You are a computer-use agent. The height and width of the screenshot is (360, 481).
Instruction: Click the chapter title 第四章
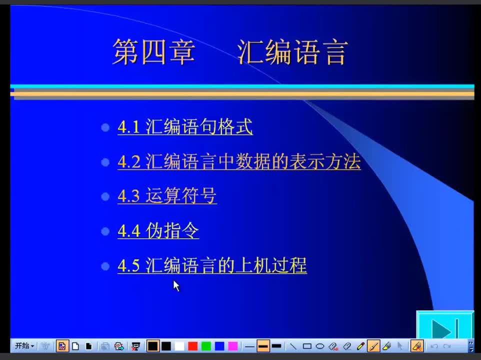pyautogui.click(x=153, y=52)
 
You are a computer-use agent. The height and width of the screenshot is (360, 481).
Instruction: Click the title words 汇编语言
pyautogui.click(x=292, y=52)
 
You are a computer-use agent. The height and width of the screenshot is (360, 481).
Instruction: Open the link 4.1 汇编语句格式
pyautogui.click(x=185, y=126)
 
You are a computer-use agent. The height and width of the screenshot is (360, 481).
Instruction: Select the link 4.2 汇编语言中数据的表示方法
pyautogui.click(x=239, y=161)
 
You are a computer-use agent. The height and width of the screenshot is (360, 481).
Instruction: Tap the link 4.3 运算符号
pyautogui.click(x=167, y=195)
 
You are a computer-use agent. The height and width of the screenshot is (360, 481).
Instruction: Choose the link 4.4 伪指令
pyautogui.click(x=158, y=230)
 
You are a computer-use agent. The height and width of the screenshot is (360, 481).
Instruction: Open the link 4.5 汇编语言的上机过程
pyautogui.click(x=212, y=265)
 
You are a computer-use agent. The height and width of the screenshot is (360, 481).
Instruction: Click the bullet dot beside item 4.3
pyautogui.click(x=105, y=196)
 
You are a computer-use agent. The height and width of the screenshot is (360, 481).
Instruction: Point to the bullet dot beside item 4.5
pyautogui.click(x=105, y=266)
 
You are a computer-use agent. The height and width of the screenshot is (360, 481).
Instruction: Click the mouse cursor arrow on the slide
pyautogui.click(x=176, y=286)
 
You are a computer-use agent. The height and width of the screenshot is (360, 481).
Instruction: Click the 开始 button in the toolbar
pyautogui.click(x=24, y=346)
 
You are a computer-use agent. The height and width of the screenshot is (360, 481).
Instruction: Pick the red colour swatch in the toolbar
pyautogui.click(x=192, y=346)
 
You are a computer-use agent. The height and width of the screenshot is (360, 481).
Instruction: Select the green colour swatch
pyautogui.click(x=206, y=346)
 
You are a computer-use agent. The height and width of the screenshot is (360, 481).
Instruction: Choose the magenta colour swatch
pyautogui.click(x=233, y=346)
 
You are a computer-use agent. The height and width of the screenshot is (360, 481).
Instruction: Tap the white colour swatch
pyautogui.click(x=179, y=346)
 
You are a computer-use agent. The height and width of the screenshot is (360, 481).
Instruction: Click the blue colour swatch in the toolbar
pyautogui.click(x=219, y=346)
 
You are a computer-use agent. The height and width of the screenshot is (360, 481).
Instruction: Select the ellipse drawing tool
pyautogui.click(x=320, y=346)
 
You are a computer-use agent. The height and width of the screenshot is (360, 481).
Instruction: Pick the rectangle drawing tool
pyautogui.click(x=307, y=346)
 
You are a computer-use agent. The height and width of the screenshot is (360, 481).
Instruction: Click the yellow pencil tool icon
pyautogui.click(x=360, y=346)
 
